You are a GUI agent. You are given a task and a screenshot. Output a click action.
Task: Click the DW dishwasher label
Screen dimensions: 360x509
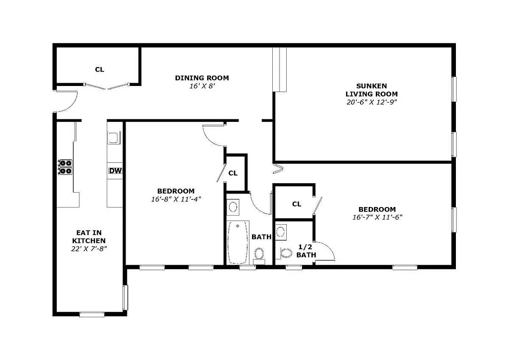pos(116,171)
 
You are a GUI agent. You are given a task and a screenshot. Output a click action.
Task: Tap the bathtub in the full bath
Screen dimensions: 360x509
pos(238,242)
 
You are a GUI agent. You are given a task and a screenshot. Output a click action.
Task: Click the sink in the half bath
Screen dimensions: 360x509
pos(281,232)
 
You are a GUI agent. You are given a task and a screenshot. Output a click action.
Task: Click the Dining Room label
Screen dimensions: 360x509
pos(202,78)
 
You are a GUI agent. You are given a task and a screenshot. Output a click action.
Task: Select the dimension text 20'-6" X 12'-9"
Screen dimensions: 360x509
pos(371,102)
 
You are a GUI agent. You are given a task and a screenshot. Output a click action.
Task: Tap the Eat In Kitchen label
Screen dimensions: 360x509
pos(89,237)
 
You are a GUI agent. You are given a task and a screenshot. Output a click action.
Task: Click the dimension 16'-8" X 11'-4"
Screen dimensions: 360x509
pos(176,199)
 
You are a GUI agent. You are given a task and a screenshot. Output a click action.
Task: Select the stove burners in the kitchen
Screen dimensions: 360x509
pos(66,167)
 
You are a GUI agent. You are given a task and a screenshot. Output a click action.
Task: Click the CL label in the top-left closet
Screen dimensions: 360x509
pos(99,69)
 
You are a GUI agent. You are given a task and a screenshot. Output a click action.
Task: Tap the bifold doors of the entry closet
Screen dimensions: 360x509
pos(107,86)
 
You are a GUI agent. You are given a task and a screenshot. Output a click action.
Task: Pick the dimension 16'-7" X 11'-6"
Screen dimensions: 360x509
pos(377,217)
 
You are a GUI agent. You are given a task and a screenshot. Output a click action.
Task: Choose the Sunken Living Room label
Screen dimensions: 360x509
pos(371,90)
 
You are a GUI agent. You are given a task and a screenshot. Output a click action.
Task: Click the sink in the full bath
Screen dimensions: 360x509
pos(233,207)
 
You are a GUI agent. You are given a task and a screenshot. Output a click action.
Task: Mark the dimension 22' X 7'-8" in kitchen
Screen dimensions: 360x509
pos(89,248)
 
